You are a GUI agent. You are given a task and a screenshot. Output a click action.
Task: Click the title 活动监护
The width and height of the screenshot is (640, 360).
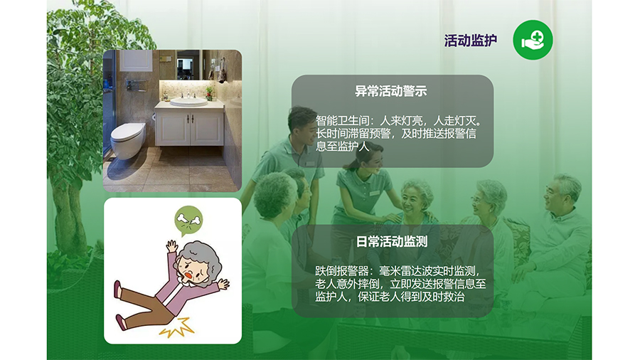[471, 41]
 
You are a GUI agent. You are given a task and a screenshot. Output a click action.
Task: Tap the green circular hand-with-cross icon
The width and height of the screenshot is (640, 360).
[533, 40]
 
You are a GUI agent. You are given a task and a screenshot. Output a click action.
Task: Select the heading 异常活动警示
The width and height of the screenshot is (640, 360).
[391, 91]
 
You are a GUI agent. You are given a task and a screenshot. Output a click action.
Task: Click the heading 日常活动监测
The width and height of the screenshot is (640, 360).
[392, 242]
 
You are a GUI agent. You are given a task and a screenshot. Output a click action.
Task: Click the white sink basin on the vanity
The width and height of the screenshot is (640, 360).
[188, 102]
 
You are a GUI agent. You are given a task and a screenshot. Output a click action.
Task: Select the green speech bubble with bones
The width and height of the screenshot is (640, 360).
[188, 221]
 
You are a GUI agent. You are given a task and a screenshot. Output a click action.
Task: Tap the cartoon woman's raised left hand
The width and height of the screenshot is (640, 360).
[172, 245]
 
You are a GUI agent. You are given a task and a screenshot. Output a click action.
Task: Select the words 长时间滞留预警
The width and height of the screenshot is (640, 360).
[353, 134]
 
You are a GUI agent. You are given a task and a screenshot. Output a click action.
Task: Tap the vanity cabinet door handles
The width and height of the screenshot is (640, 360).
[190, 119]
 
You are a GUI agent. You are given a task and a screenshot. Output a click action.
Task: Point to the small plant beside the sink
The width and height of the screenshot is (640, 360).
[209, 93]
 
